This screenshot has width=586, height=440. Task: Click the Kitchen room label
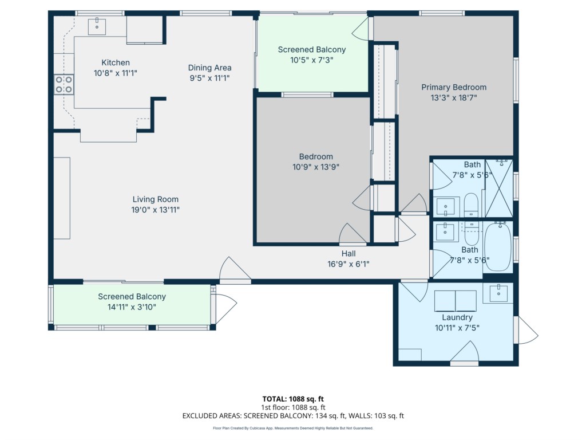(x=116, y=62)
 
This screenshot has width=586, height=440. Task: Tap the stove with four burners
(x=64, y=85)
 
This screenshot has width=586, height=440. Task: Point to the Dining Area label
(x=209, y=68)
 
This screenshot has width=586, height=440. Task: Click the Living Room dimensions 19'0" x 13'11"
(x=155, y=210)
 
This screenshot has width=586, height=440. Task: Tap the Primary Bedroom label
(x=454, y=87)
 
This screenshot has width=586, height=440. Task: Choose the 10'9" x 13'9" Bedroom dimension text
(x=316, y=167)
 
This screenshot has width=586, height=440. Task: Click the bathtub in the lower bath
(x=498, y=246)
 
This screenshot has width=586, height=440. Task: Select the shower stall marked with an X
(x=499, y=188)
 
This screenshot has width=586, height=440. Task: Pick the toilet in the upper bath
(x=471, y=205)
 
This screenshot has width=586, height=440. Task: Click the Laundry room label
(x=457, y=317)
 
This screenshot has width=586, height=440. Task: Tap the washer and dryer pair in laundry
(x=455, y=301)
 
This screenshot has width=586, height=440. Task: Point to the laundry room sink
(x=498, y=293)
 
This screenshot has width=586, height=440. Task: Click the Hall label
(x=349, y=254)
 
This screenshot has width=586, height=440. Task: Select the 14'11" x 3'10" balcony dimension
(x=132, y=307)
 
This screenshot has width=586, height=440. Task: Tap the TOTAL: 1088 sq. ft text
(x=293, y=399)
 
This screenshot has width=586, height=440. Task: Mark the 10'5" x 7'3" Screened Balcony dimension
(x=312, y=60)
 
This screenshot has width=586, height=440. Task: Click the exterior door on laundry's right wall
(x=526, y=330)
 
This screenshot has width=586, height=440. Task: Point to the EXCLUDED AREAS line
(x=293, y=416)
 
